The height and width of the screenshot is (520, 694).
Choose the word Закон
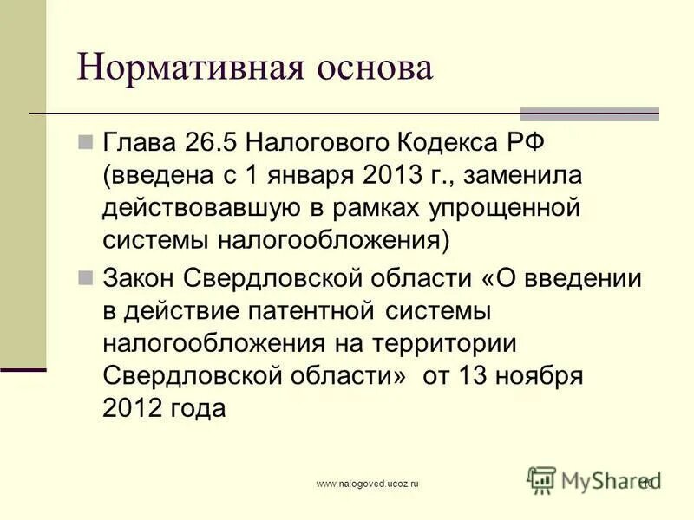coord(141,278)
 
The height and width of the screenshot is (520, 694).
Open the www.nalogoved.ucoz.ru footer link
coord(368,483)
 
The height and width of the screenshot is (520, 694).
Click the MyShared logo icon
coord(541,480)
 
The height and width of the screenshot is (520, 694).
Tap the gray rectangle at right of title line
coord(590,114)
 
